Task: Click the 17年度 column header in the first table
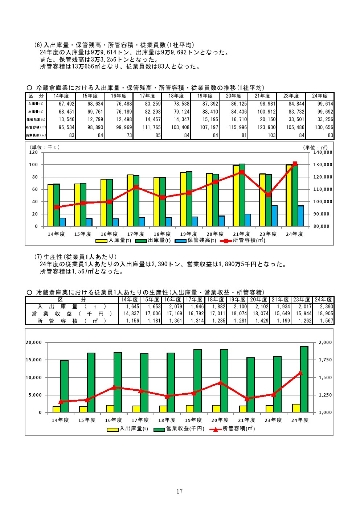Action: point(147,96)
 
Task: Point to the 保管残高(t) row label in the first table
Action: point(36,119)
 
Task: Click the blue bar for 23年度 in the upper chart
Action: point(274,216)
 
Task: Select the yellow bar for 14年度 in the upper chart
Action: point(51,205)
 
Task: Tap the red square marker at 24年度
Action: point(295,164)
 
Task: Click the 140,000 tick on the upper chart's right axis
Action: point(323,152)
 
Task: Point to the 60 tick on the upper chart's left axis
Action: point(35,189)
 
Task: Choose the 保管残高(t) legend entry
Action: point(196,240)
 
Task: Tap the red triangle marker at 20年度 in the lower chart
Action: point(220,383)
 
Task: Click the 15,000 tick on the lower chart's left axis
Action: point(34,360)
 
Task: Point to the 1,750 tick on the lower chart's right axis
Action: point(326,360)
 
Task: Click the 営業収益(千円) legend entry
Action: point(179,428)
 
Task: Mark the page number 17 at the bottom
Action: point(180,491)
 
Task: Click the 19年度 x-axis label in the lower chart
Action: point(193,420)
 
